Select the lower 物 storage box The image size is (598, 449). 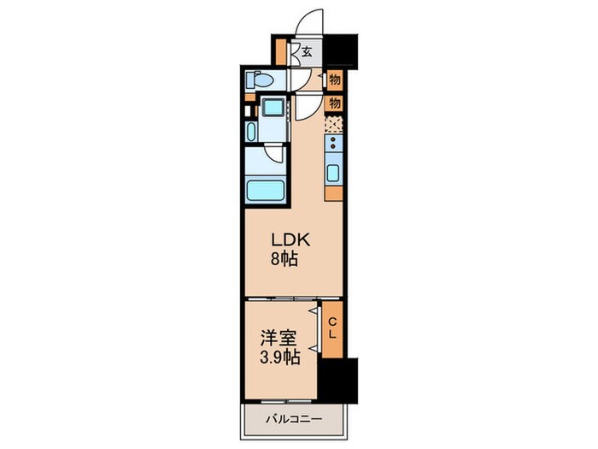tap(335, 103)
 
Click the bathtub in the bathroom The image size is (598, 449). tap(264, 191)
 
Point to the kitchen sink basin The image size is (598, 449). tap(333, 174)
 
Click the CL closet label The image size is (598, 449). tap(332, 327)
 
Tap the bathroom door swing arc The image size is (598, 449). tap(274, 154)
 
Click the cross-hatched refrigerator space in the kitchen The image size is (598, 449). tap(333, 124)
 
